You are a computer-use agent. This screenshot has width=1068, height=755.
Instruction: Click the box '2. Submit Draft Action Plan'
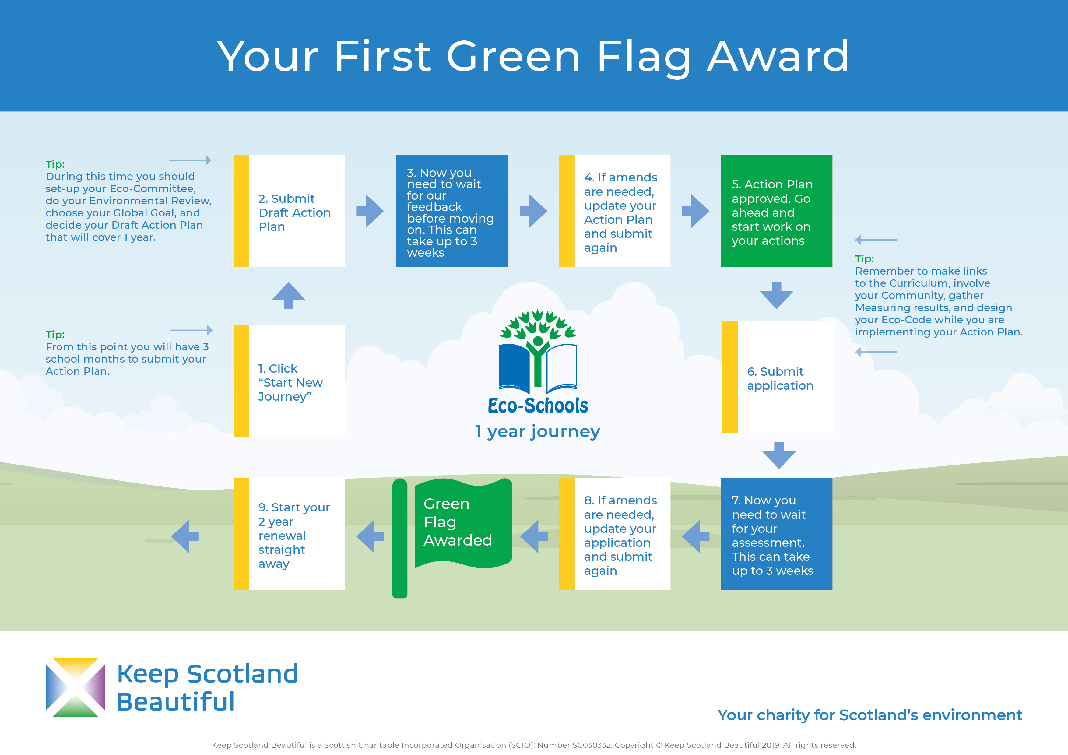(x=289, y=211)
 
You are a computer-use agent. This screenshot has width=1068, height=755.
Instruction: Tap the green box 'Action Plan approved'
(x=776, y=211)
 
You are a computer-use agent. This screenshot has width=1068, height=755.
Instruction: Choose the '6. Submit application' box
(x=777, y=377)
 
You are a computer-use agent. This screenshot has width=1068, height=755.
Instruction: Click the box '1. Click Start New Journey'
(x=289, y=381)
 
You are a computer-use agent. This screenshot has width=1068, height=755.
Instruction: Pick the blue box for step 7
(x=776, y=534)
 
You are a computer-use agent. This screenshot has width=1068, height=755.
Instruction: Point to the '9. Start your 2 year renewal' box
(x=289, y=534)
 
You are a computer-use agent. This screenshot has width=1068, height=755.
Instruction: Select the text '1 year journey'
(x=537, y=432)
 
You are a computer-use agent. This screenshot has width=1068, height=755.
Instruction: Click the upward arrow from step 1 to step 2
(x=288, y=295)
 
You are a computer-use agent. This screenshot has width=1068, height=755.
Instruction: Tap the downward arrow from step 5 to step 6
(x=776, y=295)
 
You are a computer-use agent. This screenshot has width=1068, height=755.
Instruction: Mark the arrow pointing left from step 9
(x=185, y=536)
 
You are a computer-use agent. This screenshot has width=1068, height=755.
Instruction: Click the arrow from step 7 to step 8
(x=696, y=536)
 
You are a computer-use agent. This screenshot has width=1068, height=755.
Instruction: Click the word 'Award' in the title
(x=778, y=56)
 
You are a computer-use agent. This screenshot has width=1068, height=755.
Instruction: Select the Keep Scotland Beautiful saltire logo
(x=76, y=687)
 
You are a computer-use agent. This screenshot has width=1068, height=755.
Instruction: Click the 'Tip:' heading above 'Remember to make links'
(x=864, y=259)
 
